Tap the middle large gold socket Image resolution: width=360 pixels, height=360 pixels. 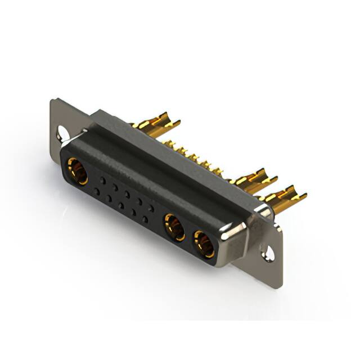pos(174,228)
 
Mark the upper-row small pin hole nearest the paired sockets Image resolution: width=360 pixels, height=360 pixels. pos(151,208)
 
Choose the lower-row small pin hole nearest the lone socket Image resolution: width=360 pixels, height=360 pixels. pos(97,192)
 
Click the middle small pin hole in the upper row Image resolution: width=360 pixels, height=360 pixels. pos(127,194)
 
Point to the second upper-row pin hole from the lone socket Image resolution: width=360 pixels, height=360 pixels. pos(115,187)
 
